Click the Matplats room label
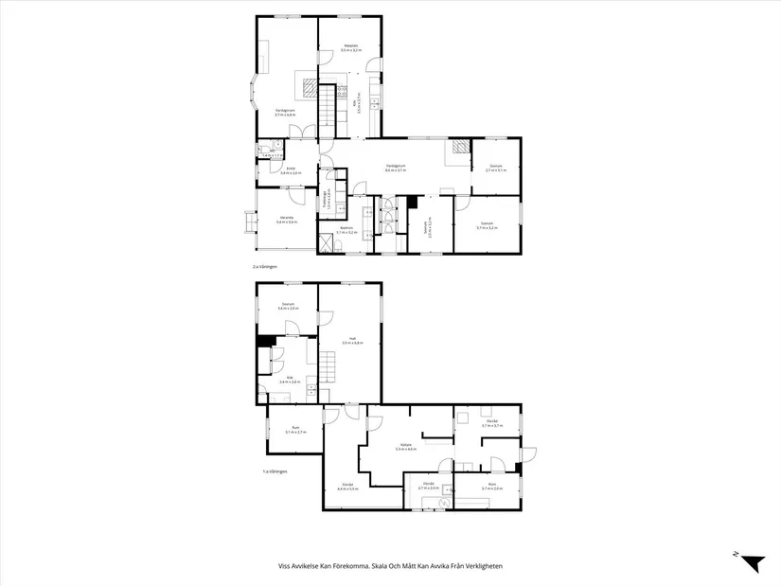point(350,47)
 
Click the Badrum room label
point(346,230)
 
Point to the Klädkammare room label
point(327,200)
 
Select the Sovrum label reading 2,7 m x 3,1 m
point(496,169)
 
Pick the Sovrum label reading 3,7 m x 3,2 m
point(487,226)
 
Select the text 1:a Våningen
point(275,471)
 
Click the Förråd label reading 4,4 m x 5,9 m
point(346,488)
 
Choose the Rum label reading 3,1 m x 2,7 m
point(293,432)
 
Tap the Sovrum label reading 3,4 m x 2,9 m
point(288,307)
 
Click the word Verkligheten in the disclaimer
point(480,566)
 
